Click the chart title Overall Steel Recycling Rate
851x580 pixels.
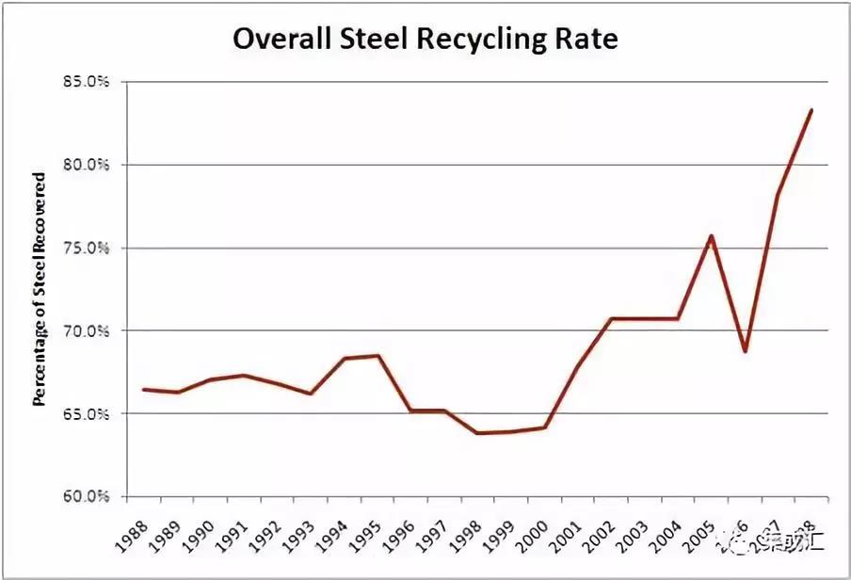pos(425,40)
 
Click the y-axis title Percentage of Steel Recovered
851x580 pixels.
pos(40,289)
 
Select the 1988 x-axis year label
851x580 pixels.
pos(140,532)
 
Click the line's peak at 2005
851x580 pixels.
pos(712,235)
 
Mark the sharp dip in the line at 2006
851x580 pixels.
pos(745,351)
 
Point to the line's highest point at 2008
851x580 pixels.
pos(811,110)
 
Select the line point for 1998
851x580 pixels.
pos(477,433)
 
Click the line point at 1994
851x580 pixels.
pos(345,358)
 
